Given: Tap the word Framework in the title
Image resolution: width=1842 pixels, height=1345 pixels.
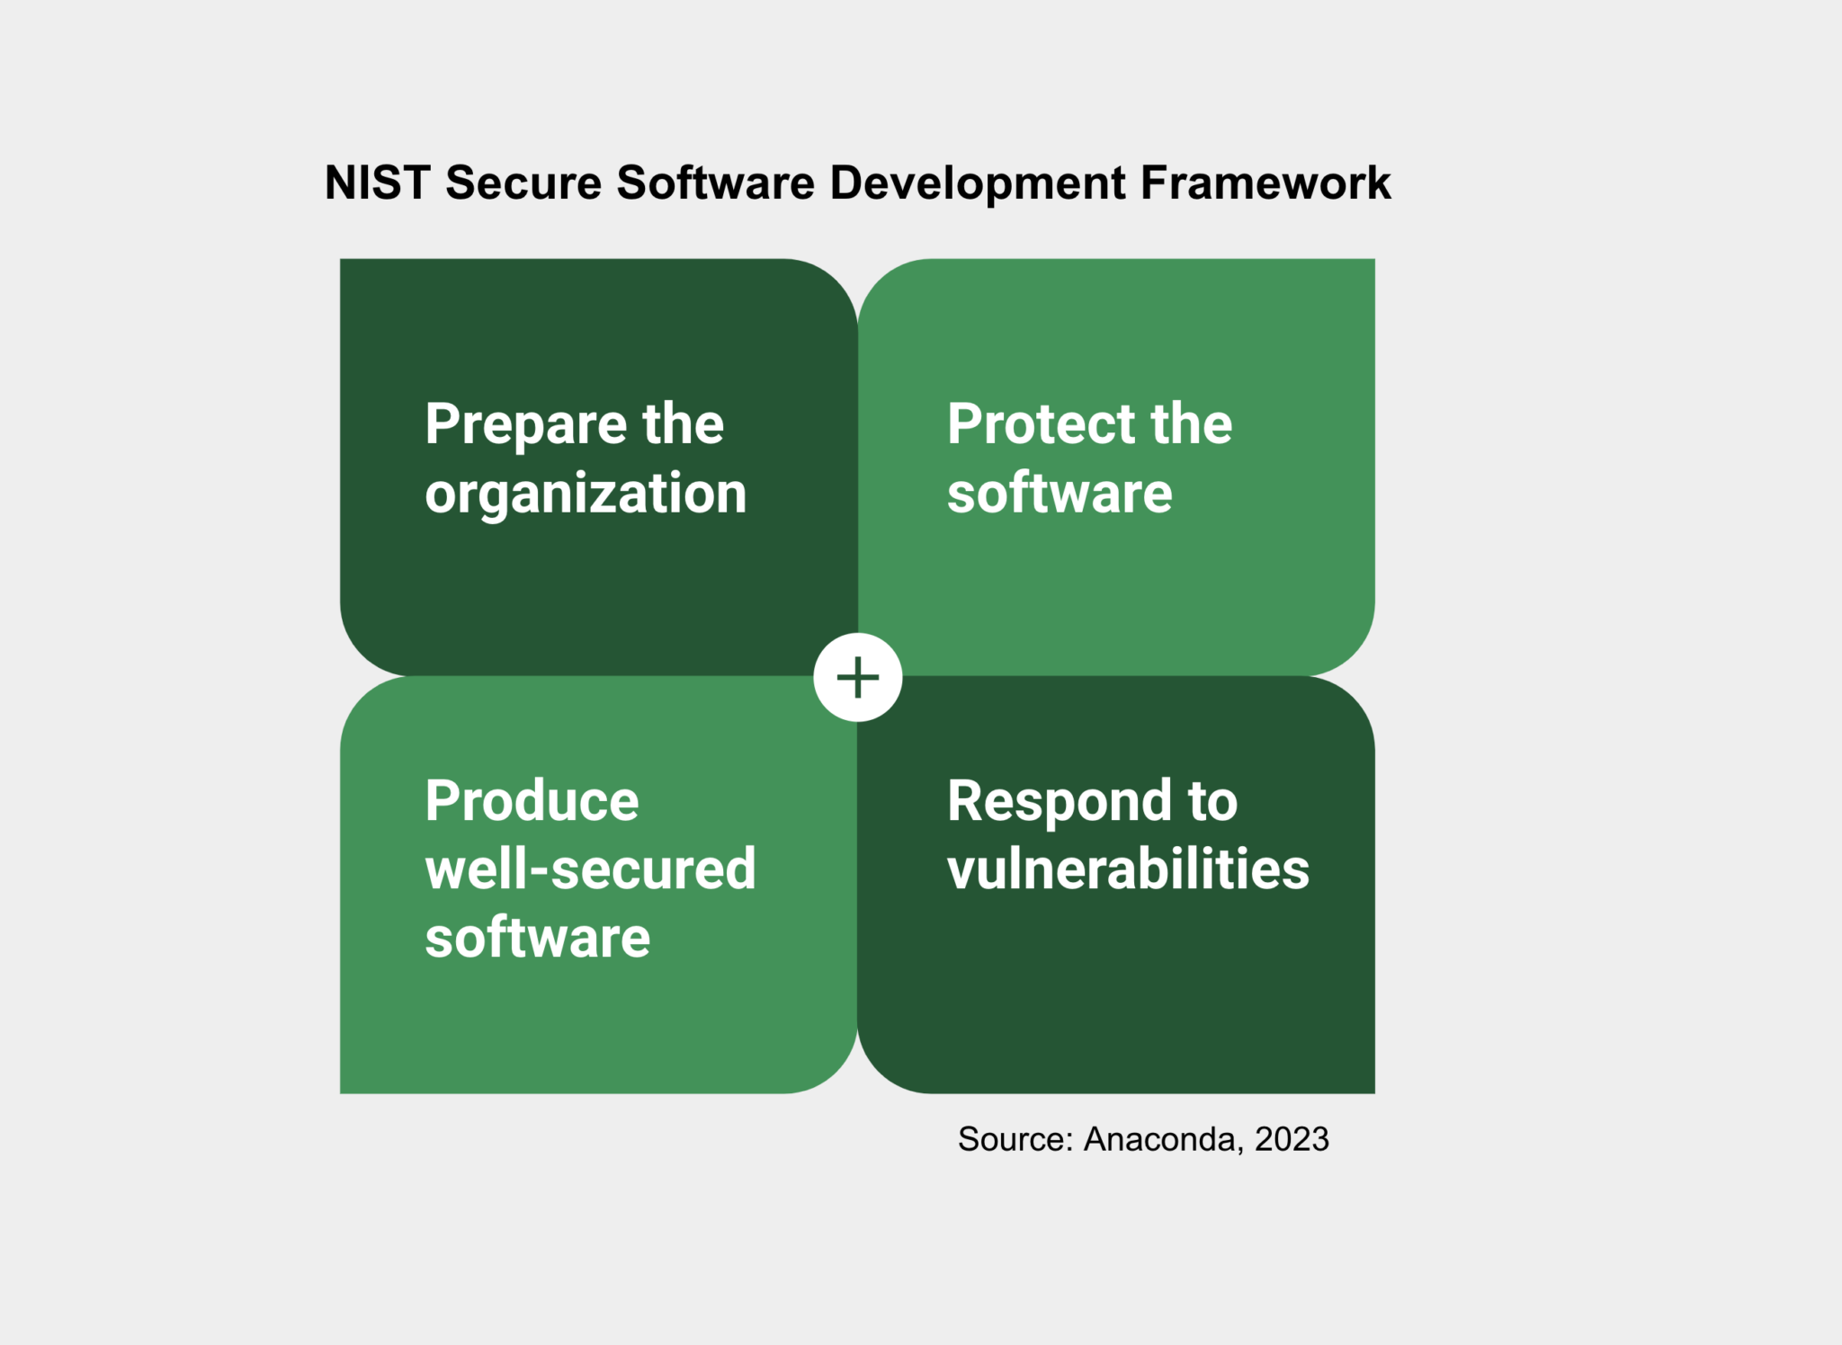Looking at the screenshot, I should [x=1265, y=183].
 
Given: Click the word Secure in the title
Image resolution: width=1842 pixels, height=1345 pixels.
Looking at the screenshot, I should [x=523, y=183].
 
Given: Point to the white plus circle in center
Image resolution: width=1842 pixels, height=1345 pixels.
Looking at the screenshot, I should [x=857, y=677].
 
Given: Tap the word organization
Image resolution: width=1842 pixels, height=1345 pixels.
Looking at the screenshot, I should [x=586, y=495].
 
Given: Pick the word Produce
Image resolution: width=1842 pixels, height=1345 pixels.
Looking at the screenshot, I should [x=532, y=801].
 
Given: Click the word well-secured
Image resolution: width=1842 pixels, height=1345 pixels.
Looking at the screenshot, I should [x=590, y=869].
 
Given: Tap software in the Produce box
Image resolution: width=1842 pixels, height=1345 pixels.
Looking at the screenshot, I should [x=537, y=938].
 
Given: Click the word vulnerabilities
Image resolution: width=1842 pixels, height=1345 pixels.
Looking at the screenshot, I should [x=1128, y=869].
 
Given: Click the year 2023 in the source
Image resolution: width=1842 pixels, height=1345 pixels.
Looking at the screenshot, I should [x=1292, y=1139].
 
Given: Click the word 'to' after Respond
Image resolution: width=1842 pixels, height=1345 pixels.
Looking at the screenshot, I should [x=1212, y=801].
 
